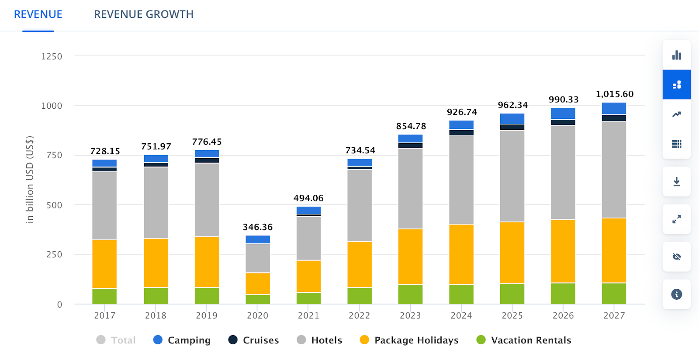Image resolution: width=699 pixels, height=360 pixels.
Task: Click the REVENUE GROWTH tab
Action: tap(143, 14)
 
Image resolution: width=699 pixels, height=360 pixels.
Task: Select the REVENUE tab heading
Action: tap(38, 14)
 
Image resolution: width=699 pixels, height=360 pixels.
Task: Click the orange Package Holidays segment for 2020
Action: tap(258, 284)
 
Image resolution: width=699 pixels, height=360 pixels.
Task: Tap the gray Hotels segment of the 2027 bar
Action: tap(614, 170)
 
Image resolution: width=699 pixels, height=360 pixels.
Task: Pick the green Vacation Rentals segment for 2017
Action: tap(104, 296)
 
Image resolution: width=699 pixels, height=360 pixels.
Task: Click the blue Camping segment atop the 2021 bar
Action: tap(308, 210)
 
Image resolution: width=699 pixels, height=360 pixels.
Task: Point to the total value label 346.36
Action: tap(258, 227)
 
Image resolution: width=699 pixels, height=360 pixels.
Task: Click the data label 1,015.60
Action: tap(614, 94)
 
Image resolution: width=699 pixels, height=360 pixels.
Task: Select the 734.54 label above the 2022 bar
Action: tap(360, 150)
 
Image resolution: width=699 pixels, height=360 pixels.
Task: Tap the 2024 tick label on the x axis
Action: tap(461, 315)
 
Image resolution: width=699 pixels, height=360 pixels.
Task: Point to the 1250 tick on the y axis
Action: tap(52, 56)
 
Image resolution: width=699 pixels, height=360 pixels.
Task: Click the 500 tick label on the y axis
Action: tap(54, 205)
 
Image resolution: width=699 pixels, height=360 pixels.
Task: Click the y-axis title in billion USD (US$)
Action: tap(30, 180)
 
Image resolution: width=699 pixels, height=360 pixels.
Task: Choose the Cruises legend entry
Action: tap(253, 340)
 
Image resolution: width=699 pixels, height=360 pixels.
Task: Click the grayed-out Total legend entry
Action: tap(116, 340)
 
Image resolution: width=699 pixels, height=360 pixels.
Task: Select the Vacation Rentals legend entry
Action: tap(524, 340)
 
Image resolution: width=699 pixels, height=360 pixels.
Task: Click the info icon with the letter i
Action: tap(676, 294)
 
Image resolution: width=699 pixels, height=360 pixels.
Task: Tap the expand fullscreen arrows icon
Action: tap(676, 219)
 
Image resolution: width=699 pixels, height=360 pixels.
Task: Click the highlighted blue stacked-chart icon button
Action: tap(676, 85)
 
